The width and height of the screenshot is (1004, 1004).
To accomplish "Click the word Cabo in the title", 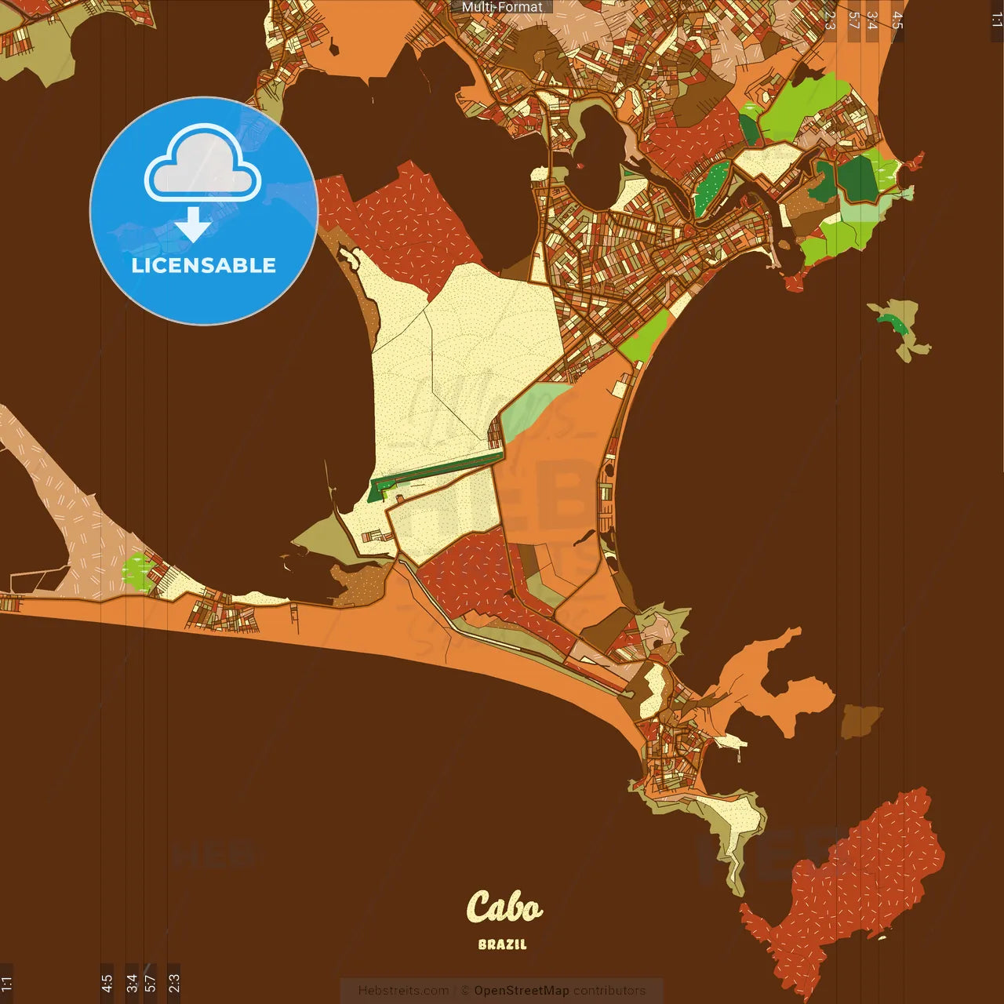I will (x=504, y=908).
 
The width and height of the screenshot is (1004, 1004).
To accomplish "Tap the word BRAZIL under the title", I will (x=502, y=944).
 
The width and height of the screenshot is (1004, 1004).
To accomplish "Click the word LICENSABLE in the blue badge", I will (x=204, y=265).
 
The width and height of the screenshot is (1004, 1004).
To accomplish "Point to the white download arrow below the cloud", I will (x=193, y=224).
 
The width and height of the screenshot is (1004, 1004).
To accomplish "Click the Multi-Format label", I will (x=502, y=7).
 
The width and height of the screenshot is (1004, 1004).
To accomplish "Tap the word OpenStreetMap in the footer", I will (x=522, y=991).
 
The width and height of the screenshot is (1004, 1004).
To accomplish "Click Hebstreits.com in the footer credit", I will (x=403, y=991).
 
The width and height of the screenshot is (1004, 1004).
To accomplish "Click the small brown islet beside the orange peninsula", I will (x=860, y=720).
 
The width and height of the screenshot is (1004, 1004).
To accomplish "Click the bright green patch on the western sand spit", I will (x=138, y=572).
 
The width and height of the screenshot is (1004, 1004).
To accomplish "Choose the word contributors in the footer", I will (x=609, y=991).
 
